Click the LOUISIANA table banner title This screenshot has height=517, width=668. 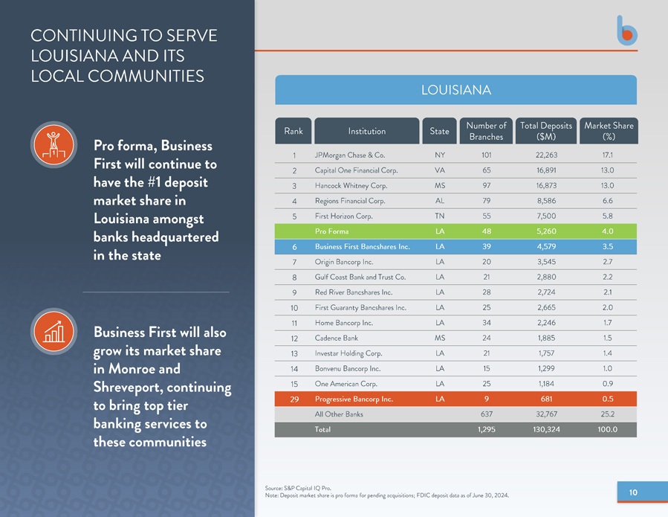coord(455,90)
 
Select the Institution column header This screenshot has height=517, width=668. coord(367,131)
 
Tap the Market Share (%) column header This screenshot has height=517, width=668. coord(609,131)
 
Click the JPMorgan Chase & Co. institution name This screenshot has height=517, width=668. coord(350,155)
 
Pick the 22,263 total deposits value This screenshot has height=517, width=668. coord(546,155)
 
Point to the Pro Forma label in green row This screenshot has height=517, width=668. coord(331,231)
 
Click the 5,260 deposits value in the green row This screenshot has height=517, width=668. coord(546,231)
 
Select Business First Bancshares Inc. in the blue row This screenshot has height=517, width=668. coord(362,246)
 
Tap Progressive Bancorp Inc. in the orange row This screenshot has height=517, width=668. coord(354,399)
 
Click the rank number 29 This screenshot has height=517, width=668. coord(294,399)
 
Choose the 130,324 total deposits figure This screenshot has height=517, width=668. coord(546,429)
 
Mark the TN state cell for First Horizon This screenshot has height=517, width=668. coord(440,216)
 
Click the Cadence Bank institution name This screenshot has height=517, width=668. coord(336,338)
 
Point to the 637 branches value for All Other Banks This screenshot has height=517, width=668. coord(487,414)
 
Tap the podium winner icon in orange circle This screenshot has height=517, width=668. coord(53,144)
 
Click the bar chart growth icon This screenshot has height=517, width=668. coord(53,331)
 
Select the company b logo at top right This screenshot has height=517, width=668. coord(627,30)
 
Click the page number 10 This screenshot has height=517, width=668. coord(633,492)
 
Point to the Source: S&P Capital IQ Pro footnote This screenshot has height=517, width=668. coord(298,488)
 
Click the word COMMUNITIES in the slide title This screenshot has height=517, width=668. coord(146,77)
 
